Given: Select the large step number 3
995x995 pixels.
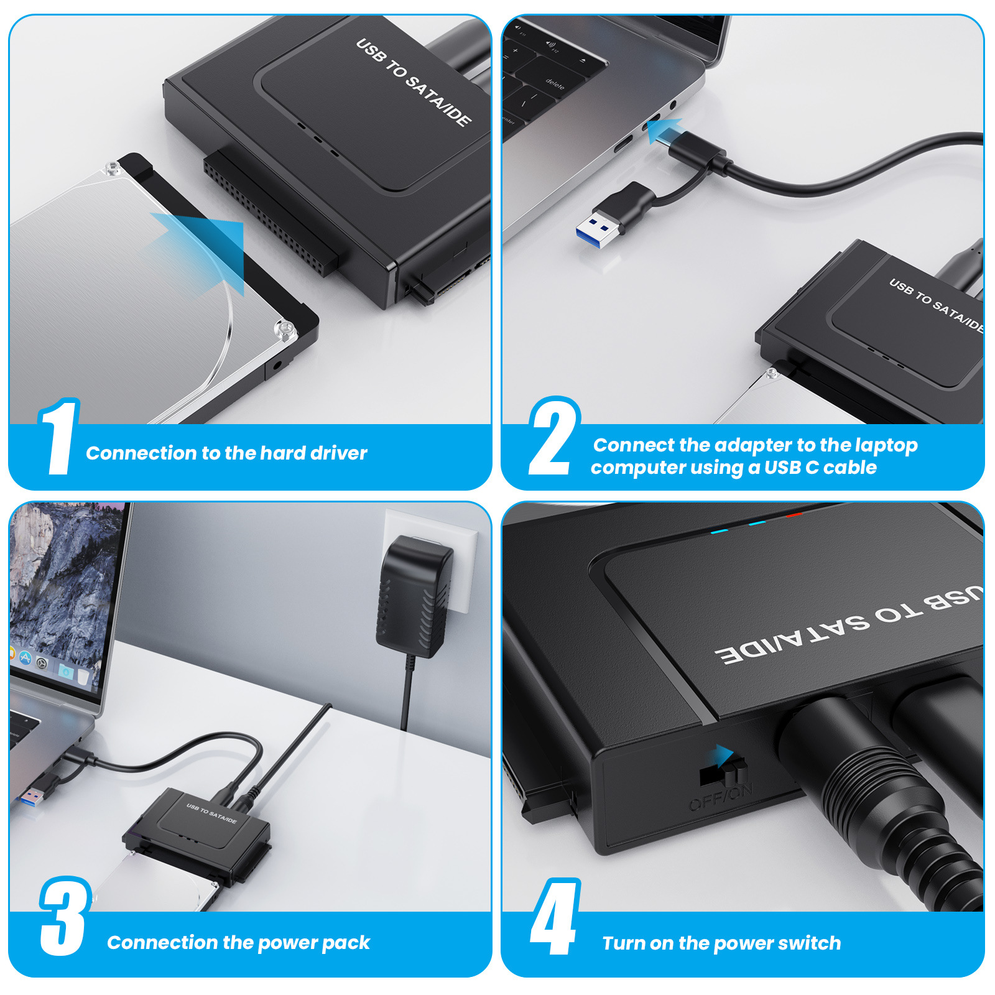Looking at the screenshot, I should (64, 917).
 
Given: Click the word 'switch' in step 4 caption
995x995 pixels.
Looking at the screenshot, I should (809, 943).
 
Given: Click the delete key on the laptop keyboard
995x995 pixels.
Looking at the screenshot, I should (554, 83).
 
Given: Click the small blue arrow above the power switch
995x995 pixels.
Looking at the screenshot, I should (723, 755).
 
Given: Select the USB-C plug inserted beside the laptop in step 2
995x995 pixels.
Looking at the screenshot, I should (696, 149).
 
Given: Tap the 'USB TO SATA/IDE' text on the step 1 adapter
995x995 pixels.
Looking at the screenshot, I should (413, 82).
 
